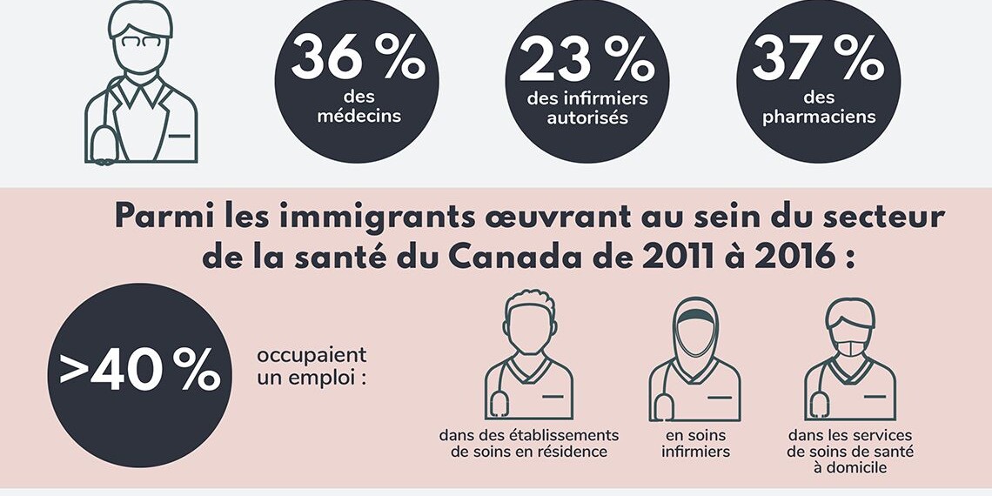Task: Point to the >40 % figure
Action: coord(139,372)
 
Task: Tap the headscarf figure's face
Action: coord(695,335)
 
